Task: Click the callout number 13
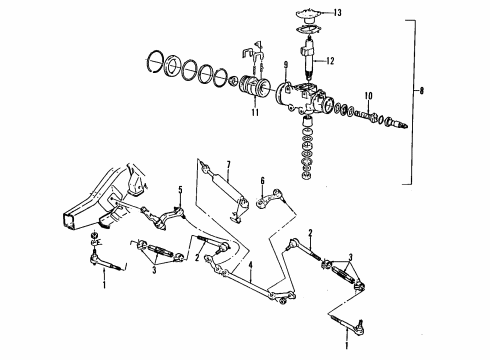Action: pos(337,12)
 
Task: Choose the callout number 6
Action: pos(261,181)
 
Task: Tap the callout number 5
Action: pos(180,189)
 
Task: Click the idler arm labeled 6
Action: pos(270,204)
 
